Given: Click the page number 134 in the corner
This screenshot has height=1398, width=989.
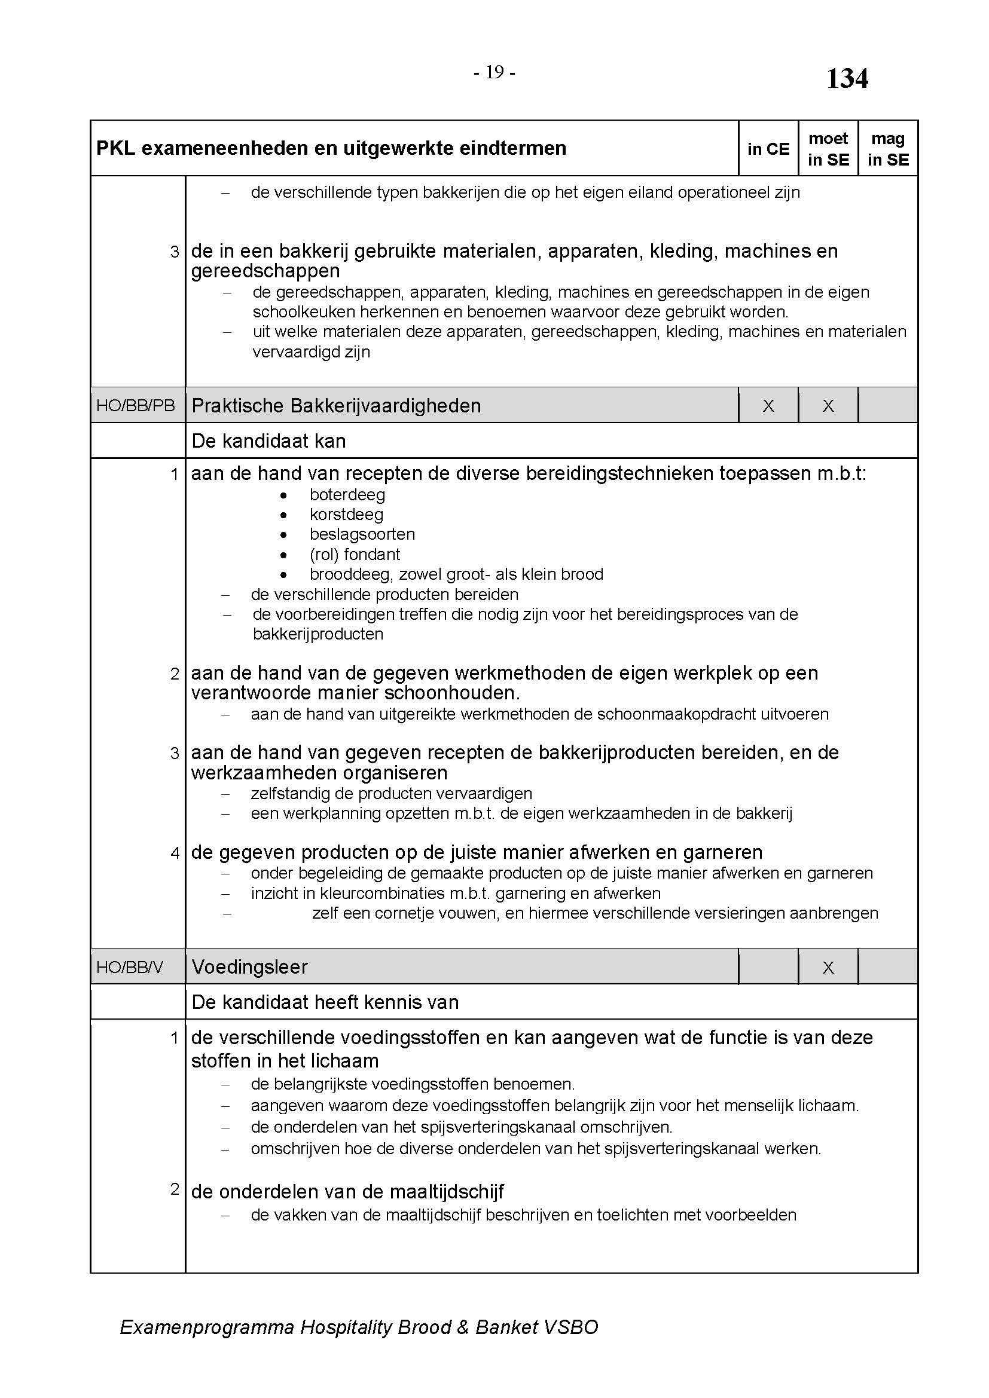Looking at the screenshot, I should pos(847,78).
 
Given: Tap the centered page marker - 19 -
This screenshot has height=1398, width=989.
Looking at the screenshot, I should pos(494,72).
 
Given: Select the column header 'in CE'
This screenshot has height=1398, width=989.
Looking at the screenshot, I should pos(768,149).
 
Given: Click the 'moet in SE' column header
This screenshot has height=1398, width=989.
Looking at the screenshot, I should pos(828,149).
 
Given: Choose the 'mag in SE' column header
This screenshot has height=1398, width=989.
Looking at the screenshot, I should pos(887,149).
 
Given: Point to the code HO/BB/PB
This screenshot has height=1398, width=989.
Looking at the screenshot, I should pos(135,405).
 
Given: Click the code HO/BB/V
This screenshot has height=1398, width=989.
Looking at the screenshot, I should pos(130,968).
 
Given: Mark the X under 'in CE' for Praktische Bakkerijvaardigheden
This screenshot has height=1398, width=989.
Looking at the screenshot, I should pos(768,406).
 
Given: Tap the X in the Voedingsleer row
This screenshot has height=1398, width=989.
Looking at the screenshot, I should pos(828,968).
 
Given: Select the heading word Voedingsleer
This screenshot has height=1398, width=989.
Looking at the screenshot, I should pos(250,967).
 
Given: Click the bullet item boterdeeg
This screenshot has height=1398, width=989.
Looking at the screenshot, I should pos(347,495).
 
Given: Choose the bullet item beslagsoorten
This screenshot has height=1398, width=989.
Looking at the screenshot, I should pos(362,534).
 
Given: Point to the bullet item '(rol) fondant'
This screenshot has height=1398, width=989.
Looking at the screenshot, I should pos(355,555).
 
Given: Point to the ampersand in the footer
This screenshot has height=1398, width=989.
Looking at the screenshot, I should pos(463,1327).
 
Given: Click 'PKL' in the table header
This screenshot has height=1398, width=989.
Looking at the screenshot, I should pos(116,148).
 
